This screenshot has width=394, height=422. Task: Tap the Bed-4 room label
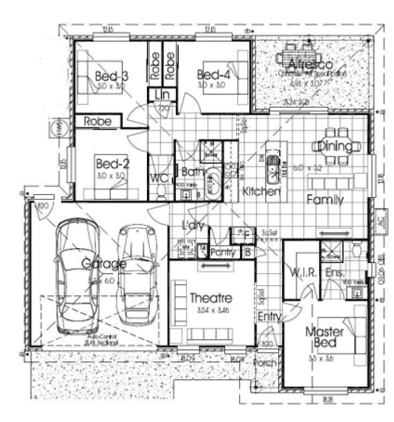click(x=213, y=75)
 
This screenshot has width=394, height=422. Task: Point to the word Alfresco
click(x=310, y=64)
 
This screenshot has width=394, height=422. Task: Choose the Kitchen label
click(x=262, y=191)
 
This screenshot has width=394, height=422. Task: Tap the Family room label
click(x=325, y=200)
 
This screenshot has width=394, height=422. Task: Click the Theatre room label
click(x=211, y=298)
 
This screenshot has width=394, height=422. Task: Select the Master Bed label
click(x=324, y=337)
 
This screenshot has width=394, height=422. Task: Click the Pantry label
click(x=225, y=253)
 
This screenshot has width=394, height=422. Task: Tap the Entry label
click(x=269, y=316)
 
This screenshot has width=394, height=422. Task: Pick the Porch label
click(x=265, y=363)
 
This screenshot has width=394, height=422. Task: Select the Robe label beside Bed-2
click(x=98, y=121)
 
